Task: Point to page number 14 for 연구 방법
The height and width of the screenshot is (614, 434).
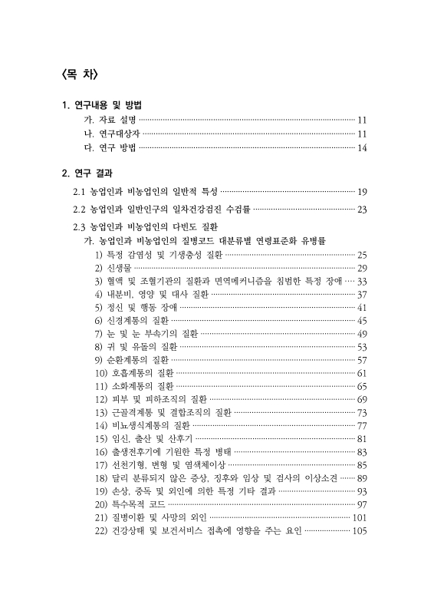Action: (x=363, y=148)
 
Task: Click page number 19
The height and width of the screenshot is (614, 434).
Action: (x=363, y=191)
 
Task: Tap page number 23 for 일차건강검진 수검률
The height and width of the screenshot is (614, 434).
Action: (x=363, y=210)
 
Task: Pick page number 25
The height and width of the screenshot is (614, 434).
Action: (x=363, y=255)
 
